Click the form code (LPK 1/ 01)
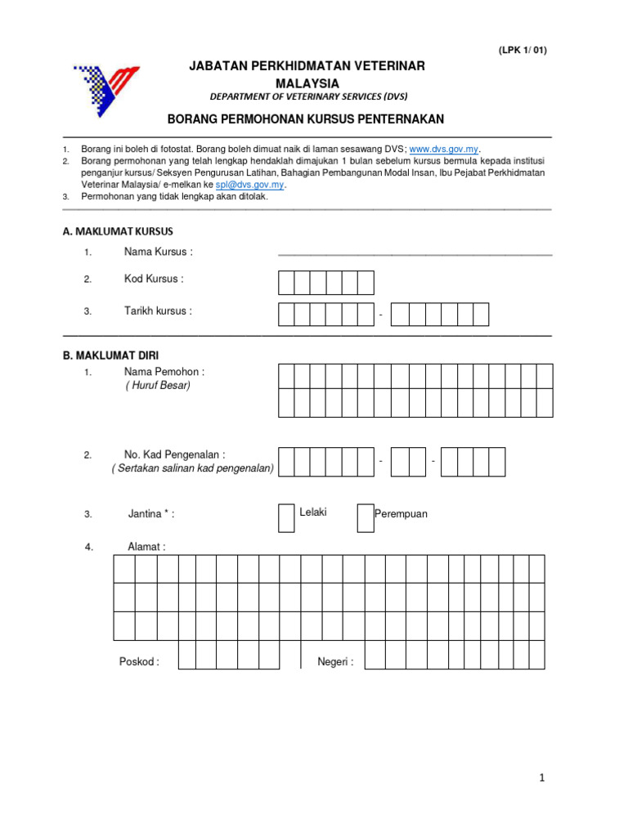[523, 50]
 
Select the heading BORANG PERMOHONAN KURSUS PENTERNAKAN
[306, 119]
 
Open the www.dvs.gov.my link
[443, 150]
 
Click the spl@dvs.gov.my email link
[249, 185]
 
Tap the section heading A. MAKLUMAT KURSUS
[118, 231]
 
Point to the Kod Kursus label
[154, 279]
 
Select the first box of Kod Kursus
[286, 283]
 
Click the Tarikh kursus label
[158, 311]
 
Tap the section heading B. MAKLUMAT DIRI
[111, 356]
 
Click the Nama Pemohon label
[164, 372]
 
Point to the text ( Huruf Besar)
[158, 386]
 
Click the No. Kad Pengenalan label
[174, 454]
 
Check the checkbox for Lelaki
[286, 517]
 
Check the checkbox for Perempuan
[365, 517]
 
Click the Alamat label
[146, 547]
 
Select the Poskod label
[139, 662]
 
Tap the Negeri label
[335, 662]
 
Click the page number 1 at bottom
[541, 778]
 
